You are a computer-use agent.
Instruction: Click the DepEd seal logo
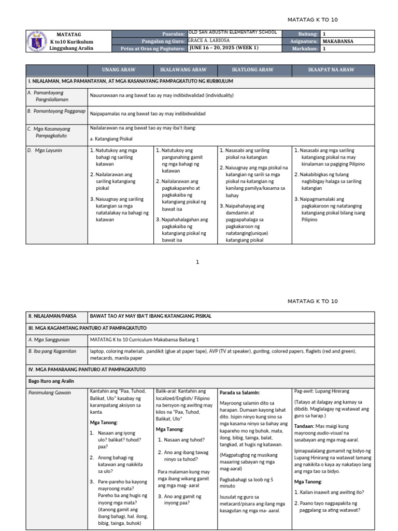pyautogui.click(x=35, y=41)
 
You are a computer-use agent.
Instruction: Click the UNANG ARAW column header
pyautogui.click(x=120, y=70)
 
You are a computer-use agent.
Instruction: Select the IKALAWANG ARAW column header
pyautogui.click(x=184, y=70)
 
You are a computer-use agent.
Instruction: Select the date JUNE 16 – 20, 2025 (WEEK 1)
pyautogui.click(x=224, y=48)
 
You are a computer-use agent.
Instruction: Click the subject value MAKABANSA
pyautogui.click(x=338, y=41)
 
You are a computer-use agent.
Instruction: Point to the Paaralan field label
pyautogui.click(x=174, y=34)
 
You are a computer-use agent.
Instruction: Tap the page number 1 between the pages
pyautogui.click(x=197, y=262)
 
